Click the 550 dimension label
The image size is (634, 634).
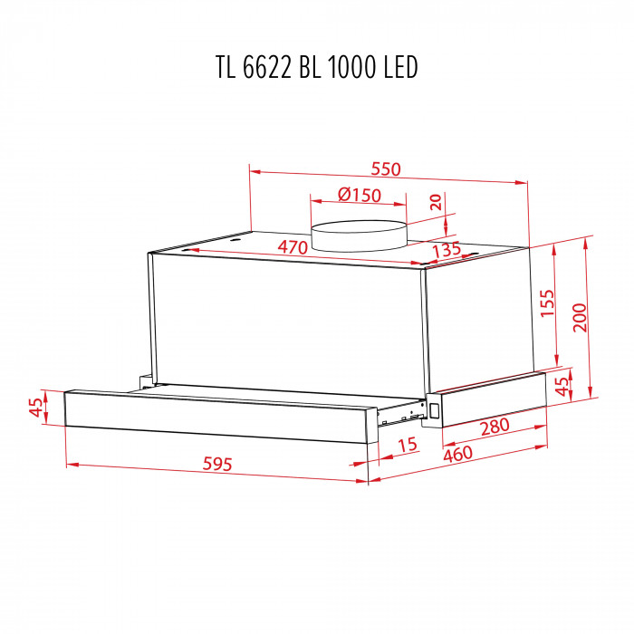[385, 169]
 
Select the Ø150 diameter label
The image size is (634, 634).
[359, 196]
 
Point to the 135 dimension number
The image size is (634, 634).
[447, 249]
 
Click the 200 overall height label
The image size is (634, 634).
[580, 316]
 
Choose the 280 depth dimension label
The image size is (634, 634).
[495, 426]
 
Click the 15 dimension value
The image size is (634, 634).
[407, 445]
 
